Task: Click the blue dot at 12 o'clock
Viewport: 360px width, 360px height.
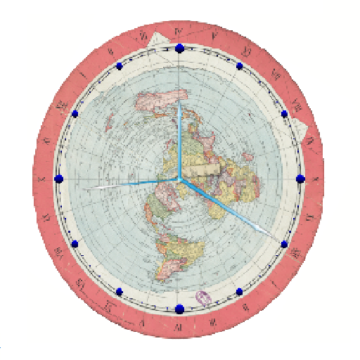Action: (179, 48)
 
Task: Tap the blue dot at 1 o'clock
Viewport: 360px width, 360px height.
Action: (240, 66)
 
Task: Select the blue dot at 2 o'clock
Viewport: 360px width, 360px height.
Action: (285, 113)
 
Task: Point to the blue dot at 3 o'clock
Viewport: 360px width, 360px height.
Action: (300, 179)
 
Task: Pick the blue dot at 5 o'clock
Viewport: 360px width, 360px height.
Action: (239, 290)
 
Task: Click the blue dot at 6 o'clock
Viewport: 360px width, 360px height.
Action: (179, 308)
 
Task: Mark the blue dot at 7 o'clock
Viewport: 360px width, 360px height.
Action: (119, 291)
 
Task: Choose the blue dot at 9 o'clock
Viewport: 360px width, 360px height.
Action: (59, 179)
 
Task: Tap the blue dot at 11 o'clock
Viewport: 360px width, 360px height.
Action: (119, 66)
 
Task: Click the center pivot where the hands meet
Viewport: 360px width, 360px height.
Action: (179, 179)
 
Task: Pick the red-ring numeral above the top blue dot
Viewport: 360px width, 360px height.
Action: (179, 31)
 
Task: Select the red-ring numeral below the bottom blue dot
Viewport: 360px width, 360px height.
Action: (178, 326)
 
